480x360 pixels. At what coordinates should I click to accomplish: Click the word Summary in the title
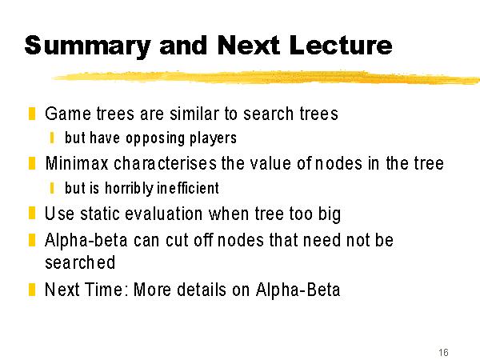pyautogui.click(x=87, y=46)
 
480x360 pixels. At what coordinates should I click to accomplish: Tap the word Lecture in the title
pyautogui.click(x=341, y=46)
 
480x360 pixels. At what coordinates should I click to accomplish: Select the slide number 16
pyautogui.click(x=443, y=352)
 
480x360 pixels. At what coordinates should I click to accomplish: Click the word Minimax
pyautogui.click(x=77, y=163)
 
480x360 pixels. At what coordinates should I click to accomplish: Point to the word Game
pyautogui.click(x=68, y=114)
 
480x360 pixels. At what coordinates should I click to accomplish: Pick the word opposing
pyautogui.click(x=155, y=138)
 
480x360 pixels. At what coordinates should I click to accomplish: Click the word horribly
pyautogui.click(x=129, y=188)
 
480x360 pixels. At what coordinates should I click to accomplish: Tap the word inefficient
pyautogui.click(x=188, y=188)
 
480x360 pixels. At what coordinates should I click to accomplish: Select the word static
pyautogui.click(x=99, y=214)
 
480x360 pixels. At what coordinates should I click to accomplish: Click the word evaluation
pyautogui.click(x=164, y=214)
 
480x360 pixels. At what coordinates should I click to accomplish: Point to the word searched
pyautogui.click(x=80, y=262)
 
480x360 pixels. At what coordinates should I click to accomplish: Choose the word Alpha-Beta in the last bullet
pyautogui.click(x=298, y=290)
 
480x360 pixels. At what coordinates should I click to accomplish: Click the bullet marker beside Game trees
pyautogui.click(x=32, y=114)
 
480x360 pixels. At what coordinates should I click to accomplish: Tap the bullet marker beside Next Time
pyautogui.click(x=32, y=290)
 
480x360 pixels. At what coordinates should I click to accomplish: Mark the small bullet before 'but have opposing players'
pyautogui.click(x=52, y=138)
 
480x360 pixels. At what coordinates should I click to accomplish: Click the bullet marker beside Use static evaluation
pyautogui.click(x=32, y=213)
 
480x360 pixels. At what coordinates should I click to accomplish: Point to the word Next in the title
pyautogui.click(x=248, y=46)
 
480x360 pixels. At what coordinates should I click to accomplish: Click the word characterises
pyautogui.click(x=166, y=163)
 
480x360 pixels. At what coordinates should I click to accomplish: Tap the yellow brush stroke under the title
pyautogui.click(x=266, y=77)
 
